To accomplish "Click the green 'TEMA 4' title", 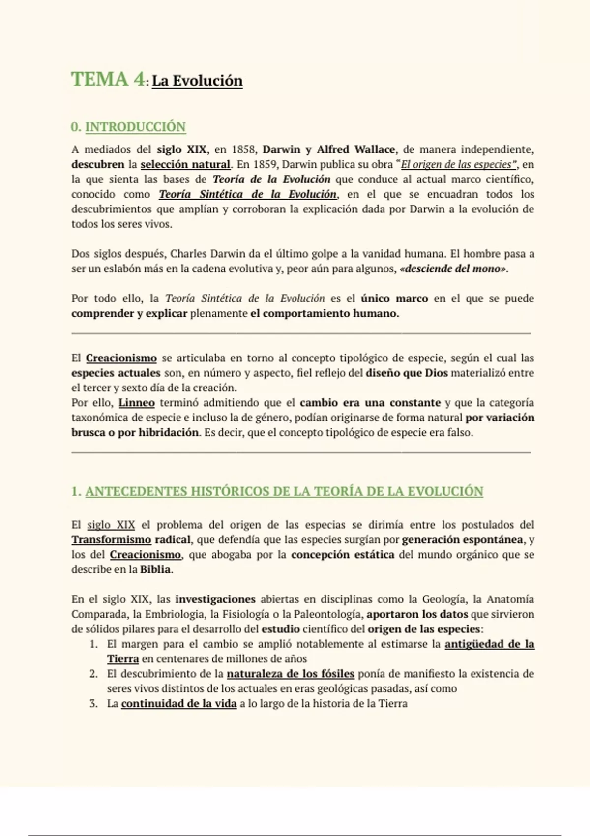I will point(108,79).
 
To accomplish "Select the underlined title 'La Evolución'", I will point(197,81).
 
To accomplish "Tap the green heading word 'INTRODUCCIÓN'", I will point(135,127).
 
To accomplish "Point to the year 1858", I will point(243,149).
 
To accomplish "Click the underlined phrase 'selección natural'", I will point(185,164).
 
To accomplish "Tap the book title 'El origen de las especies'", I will point(456,164).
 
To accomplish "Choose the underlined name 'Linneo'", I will point(137,403).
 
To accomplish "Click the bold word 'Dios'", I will point(436,373).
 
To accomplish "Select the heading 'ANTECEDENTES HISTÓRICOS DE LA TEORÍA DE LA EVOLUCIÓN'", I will point(284,491).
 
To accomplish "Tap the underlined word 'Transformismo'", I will point(111,540).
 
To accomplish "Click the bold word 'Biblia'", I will point(155,570).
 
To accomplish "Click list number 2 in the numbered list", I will point(93,674).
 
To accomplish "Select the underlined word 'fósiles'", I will point(337,674).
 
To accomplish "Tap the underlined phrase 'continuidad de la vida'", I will point(179,704).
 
